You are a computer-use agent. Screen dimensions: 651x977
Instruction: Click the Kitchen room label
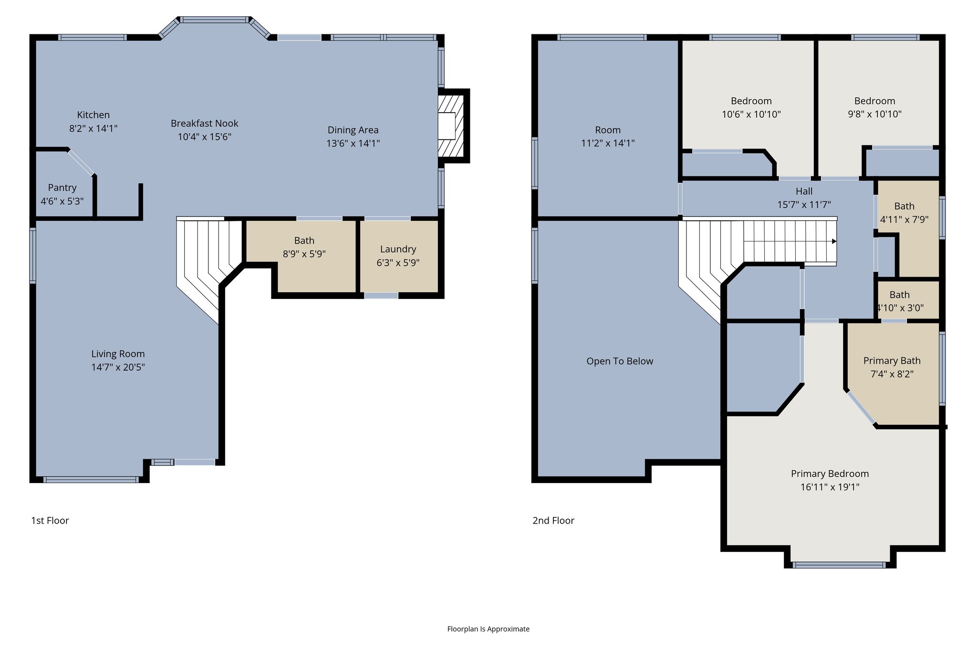coord(94,115)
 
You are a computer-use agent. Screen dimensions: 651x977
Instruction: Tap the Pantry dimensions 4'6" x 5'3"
coord(62,201)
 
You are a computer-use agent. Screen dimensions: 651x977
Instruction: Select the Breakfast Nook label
coord(204,124)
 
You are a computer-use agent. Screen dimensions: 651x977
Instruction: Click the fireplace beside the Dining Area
coord(450,126)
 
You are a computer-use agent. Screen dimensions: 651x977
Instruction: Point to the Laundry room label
coord(398,249)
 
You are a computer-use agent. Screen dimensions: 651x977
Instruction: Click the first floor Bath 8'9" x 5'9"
coord(304,247)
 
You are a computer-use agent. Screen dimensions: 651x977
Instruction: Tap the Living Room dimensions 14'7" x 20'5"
coord(118,367)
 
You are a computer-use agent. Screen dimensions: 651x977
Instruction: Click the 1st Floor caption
coord(50,520)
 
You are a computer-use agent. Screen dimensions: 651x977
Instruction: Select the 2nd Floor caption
coord(553,520)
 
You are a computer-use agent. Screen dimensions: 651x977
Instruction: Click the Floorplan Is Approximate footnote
coord(488,629)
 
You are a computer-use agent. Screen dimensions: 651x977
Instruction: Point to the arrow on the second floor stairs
coord(834,241)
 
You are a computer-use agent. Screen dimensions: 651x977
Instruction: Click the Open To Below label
coord(620,361)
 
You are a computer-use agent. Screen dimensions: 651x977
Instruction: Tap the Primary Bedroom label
coord(830,474)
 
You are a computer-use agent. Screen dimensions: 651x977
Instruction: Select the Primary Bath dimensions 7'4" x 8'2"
coord(892,374)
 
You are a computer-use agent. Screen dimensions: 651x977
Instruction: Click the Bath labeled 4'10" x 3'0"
coord(900,301)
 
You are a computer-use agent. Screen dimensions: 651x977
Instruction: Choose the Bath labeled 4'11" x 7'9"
coord(904,213)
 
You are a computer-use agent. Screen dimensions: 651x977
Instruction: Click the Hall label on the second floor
coord(804,191)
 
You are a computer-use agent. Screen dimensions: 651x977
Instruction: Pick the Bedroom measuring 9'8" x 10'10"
coord(874,107)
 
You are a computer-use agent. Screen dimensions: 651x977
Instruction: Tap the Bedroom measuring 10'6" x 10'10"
coord(751,107)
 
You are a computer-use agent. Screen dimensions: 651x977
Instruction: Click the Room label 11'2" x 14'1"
coord(607,130)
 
